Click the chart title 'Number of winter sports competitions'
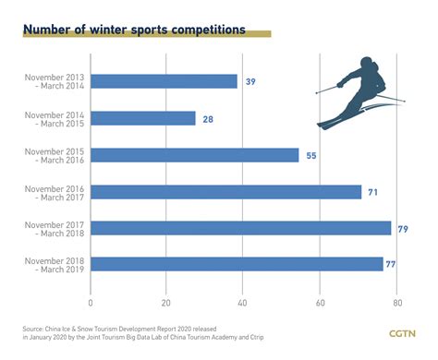tap(134, 30)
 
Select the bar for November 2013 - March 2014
tap(164, 81)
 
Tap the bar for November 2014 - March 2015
tap(143, 118)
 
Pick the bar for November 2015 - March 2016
tap(194, 155)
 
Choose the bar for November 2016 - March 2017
tap(225, 192)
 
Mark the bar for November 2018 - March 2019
tap(237, 264)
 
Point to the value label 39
tap(250, 82)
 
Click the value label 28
tap(209, 118)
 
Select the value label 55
tap(312, 156)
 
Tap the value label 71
tap(374, 192)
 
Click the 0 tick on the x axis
tap(91, 301)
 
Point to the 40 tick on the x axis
tap(243, 301)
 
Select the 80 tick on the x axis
tap(395, 301)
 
